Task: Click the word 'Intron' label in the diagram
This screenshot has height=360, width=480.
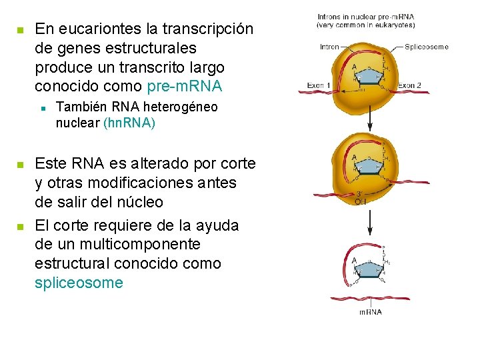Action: (x=329, y=47)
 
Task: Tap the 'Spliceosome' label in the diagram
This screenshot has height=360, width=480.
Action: (x=427, y=47)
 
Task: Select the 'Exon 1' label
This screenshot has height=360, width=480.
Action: (x=319, y=85)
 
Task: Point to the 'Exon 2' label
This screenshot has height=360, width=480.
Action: (x=409, y=85)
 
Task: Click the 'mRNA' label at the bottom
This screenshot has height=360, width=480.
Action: (x=370, y=312)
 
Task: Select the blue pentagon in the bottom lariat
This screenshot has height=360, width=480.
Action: (x=371, y=268)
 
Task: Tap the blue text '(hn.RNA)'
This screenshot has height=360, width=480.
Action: (x=129, y=123)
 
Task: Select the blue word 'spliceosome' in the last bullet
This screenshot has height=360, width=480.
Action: (x=79, y=283)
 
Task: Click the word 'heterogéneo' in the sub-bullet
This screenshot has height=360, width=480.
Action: (x=182, y=107)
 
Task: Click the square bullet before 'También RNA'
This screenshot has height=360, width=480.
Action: (x=42, y=107)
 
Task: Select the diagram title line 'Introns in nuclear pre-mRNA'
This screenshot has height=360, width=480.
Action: (x=365, y=17)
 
